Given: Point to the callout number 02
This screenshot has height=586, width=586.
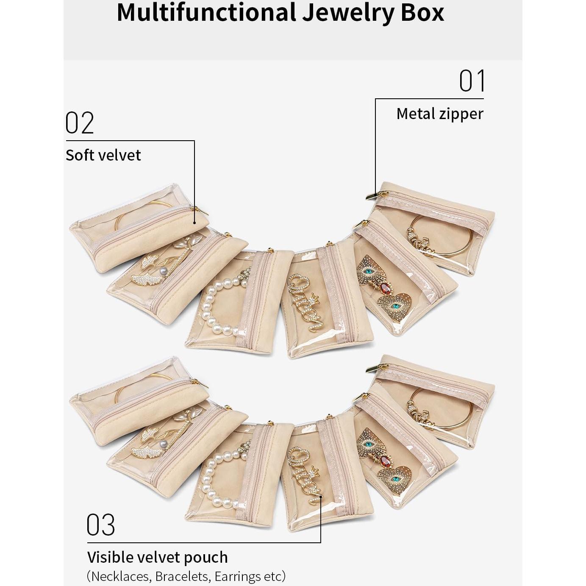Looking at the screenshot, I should [x=80, y=123].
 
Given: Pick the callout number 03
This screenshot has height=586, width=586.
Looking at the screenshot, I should [x=101, y=525].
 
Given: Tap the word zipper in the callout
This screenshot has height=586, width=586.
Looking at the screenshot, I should [x=462, y=114].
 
